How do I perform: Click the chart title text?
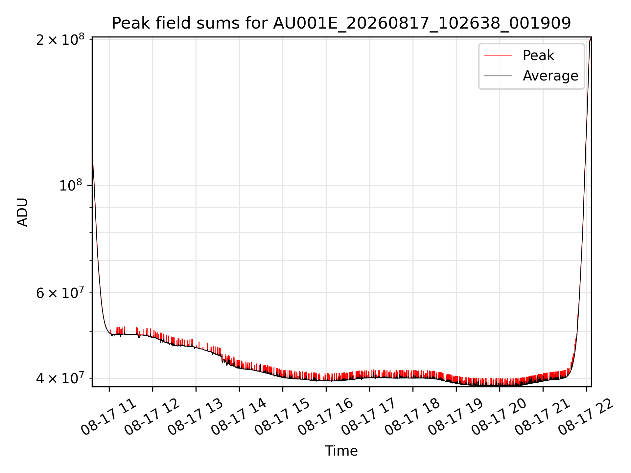tap(341, 23)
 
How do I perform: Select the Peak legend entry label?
tap(538, 55)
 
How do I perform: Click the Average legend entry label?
tap(550, 76)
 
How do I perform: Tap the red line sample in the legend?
tap(498, 55)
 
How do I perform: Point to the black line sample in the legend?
tap(498, 76)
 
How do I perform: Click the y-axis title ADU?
tap(22, 212)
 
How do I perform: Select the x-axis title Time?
tap(341, 451)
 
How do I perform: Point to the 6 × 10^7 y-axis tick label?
tap(60, 292)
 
